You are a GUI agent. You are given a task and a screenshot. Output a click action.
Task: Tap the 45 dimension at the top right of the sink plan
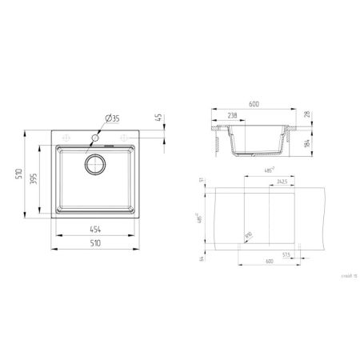(160, 117)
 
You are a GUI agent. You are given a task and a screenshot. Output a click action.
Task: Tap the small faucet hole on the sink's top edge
(95, 138)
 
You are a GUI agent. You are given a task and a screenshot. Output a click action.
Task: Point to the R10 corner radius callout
(248, 234)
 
